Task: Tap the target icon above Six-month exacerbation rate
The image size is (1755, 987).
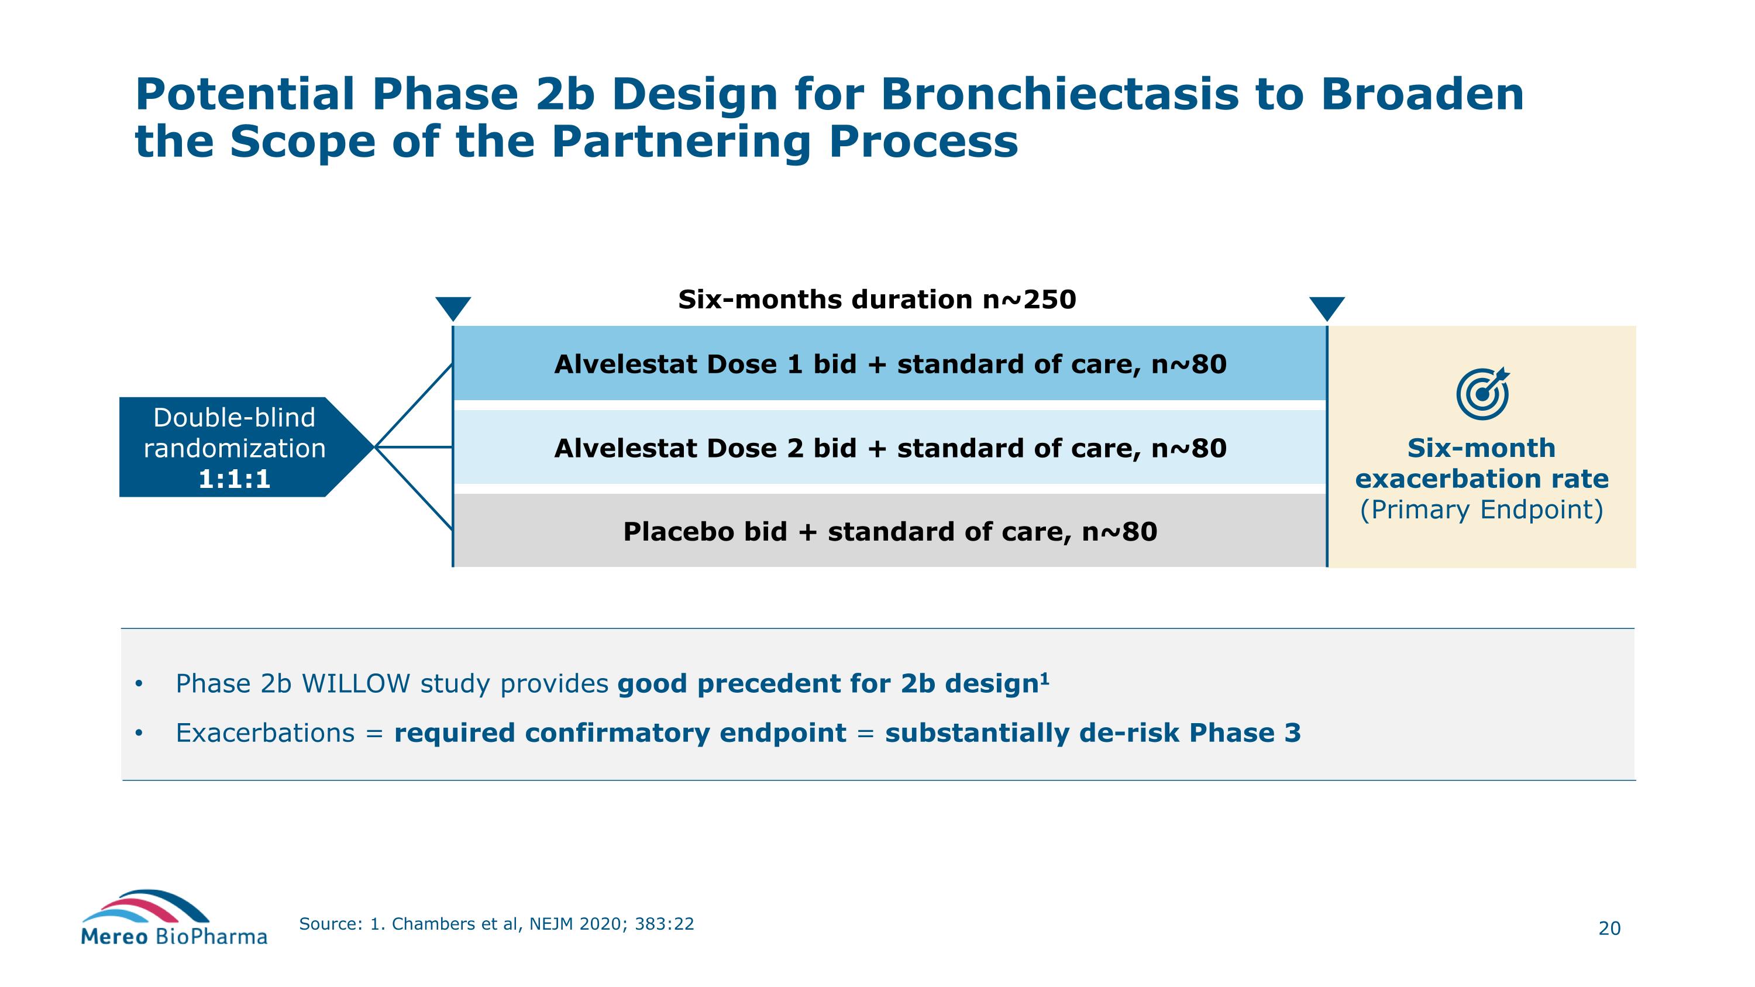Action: pos(1482,394)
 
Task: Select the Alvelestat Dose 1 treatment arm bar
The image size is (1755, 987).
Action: pos(890,364)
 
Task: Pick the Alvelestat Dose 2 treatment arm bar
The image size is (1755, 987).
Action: pos(890,448)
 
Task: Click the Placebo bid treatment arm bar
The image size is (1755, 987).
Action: pos(890,531)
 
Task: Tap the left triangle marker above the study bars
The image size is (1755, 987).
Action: pos(453,308)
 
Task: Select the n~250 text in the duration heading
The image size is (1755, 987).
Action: pos(1029,300)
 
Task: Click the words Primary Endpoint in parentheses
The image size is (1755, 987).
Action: pos(1481,510)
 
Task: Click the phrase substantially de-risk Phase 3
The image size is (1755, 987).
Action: pos(1092,733)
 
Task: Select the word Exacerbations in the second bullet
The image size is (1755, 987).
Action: pos(265,733)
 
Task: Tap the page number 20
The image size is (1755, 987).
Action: pos(1609,928)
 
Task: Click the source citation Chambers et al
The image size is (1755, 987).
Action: pos(450,924)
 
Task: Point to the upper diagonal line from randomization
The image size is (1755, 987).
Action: pos(414,406)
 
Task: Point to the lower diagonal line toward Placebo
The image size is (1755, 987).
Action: pos(414,489)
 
